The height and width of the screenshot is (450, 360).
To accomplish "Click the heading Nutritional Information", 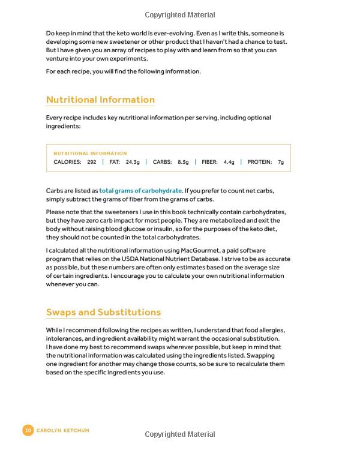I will [100, 100].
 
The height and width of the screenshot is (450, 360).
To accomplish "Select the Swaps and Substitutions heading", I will [103, 312].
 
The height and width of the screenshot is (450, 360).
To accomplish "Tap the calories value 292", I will [92, 162].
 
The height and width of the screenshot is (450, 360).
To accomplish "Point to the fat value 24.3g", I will [133, 162].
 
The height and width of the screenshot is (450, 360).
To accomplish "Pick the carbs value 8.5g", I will [183, 162].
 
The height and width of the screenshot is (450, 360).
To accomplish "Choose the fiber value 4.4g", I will [229, 162].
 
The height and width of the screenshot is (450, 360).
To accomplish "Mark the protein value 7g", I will [281, 162].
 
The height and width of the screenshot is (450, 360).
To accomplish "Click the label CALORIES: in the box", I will [67, 162].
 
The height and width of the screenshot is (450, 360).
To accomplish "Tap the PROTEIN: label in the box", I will [260, 162].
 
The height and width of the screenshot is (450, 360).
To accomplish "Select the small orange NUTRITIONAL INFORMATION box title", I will [90, 153].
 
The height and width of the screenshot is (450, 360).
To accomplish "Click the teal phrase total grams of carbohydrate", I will [140, 191].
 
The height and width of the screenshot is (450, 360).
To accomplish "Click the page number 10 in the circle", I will [28, 430].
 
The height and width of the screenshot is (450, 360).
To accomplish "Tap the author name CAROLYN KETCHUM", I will [63, 430].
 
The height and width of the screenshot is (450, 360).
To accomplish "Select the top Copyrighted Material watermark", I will [180, 14].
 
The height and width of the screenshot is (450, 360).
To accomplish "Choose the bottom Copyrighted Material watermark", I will [180, 434].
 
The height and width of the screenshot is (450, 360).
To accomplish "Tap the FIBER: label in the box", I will [209, 162].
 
